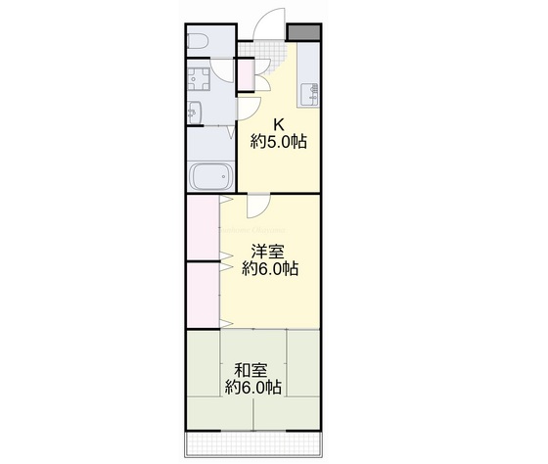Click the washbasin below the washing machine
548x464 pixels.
[x=194, y=115]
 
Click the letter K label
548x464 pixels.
[x=278, y=124]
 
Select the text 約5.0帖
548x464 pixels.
[x=278, y=142]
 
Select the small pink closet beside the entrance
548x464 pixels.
[x=245, y=73]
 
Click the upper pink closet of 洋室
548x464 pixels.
[x=204, y=228]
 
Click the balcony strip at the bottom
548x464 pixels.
[x=254, y=442]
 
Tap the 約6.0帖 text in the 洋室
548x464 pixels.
[x=271, y=268]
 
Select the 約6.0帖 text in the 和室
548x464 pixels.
[x=252, y=388]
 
